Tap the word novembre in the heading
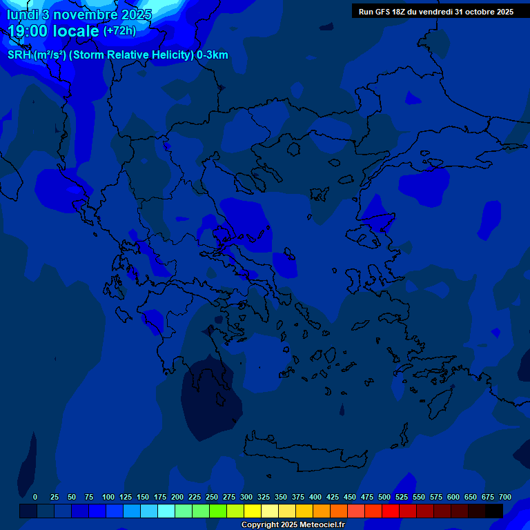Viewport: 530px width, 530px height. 84,14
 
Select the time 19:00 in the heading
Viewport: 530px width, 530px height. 30,31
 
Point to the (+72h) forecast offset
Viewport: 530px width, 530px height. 119,31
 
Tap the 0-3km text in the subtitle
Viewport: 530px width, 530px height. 212,55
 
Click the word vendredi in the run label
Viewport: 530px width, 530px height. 436,12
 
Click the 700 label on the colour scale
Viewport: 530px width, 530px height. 505,498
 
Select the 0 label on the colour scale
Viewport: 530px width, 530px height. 35,498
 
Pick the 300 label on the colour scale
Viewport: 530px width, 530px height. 246,498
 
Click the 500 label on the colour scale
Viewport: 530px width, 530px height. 384,498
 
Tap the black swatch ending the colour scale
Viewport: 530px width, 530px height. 493,511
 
